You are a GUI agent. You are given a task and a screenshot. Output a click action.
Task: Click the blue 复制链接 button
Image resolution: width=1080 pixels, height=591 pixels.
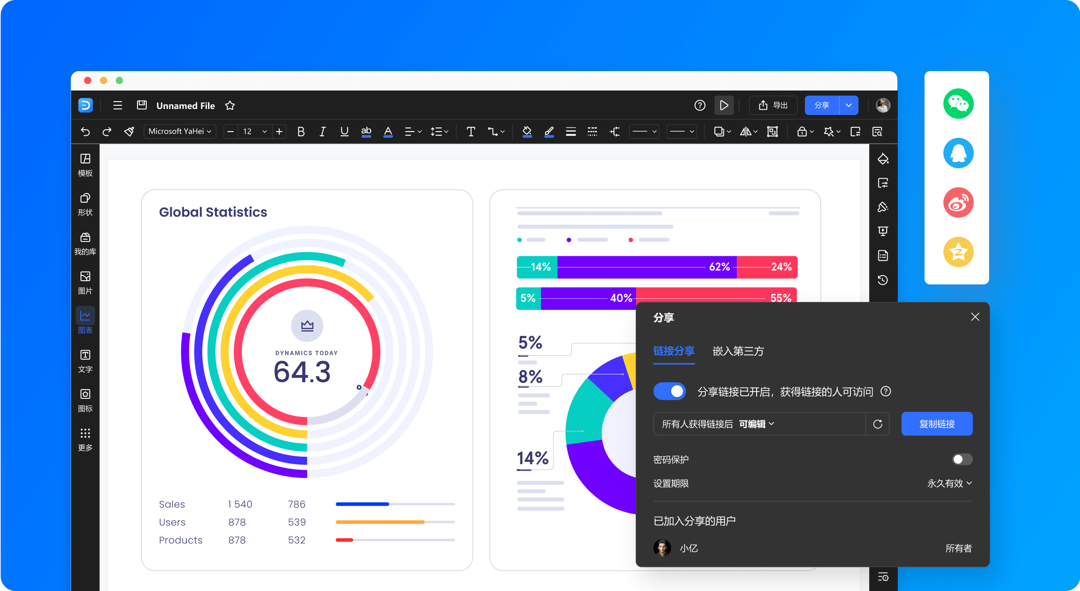point(937,424)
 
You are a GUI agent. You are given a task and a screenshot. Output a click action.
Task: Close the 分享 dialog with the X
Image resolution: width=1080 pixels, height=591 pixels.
point(975,317)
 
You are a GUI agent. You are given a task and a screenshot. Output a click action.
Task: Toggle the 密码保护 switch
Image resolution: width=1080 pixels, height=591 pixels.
point(962,459)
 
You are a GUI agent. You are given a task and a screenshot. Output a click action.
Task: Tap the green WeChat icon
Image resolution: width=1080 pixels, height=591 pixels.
point(958,103)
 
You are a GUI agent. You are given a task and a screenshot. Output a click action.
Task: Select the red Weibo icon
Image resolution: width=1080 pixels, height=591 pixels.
point(958,202)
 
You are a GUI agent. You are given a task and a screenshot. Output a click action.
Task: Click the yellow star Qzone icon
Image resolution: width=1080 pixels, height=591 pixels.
point(958,252)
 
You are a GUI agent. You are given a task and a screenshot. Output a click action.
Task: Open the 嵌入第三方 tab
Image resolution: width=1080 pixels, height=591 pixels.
point(738,351)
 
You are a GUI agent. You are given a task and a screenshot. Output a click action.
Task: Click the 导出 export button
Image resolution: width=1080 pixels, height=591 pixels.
point(773,105)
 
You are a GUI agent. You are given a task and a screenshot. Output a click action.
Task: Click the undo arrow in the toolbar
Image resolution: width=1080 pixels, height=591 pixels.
point(85,132)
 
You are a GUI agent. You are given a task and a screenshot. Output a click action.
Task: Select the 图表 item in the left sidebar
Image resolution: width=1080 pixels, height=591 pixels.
point(85,320)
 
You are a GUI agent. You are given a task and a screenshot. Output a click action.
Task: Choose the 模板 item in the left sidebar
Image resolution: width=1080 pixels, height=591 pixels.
point(85,165)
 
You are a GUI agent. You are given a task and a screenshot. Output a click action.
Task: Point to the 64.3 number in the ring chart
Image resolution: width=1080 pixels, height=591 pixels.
point(302,372)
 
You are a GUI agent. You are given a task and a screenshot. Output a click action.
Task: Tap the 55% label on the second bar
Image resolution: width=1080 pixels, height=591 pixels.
point(781,298)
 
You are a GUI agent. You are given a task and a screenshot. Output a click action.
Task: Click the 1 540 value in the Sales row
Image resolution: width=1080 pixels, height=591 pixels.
point(240,504)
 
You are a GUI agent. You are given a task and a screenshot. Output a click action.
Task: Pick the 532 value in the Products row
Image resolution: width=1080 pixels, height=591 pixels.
point(297,540)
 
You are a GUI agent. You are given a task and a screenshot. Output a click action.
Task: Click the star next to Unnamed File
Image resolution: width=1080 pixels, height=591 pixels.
point(230,106)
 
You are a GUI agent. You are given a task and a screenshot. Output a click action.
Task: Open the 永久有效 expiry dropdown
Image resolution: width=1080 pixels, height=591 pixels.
point(949,483)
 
